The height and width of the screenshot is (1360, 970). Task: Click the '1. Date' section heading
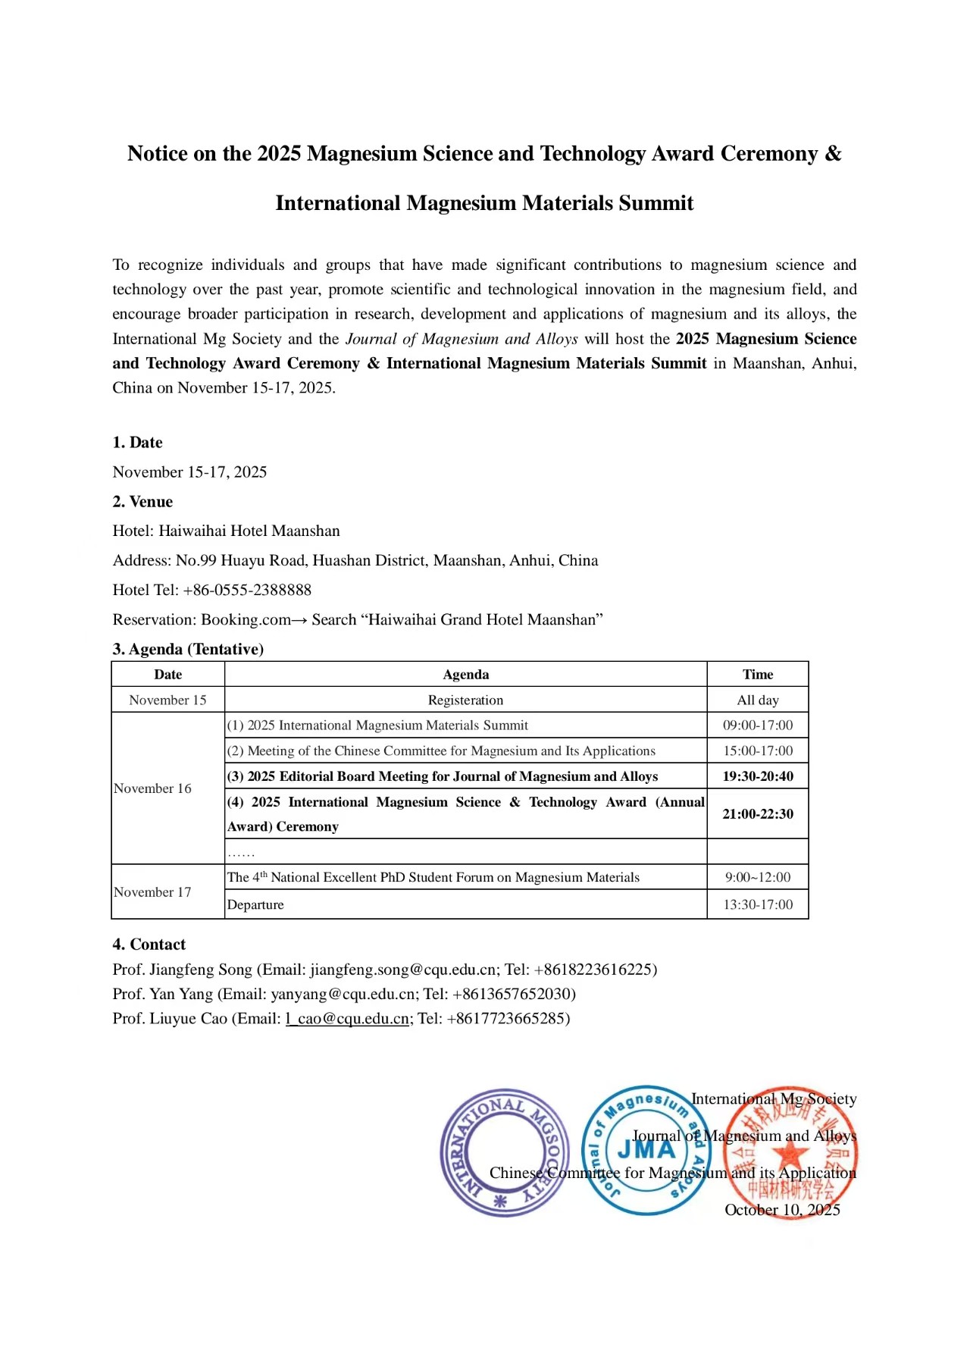pyautogui.click(x=137, y=443)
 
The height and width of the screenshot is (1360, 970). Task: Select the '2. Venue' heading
pyautogui.click(x=142, y=502)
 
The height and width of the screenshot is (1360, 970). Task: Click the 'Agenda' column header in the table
pyautogui.click(x=465, y=675)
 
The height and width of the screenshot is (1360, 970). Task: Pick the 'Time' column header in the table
pyautogui.click(x=758, y=675)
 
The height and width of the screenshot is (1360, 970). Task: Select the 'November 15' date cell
pyautogui.click(x=167, y=700)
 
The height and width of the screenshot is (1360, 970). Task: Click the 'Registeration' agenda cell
pyautogui.click(x=465, y=700)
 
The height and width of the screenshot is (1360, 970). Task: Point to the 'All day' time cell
pyautogui.click(x=758, y=700)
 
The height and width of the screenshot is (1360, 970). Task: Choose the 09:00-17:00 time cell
pyautogui.click(x=758, y=725)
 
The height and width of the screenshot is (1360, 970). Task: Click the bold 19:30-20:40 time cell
pyautogui.click(x=758, y=776)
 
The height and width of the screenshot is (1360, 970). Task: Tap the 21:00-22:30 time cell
pyautogui.click(x=758, y=814)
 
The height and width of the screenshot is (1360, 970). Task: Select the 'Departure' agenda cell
pyautogui.click(x=255, y=905)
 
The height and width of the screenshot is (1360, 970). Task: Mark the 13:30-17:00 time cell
pyautogui.click(x=758, y=905)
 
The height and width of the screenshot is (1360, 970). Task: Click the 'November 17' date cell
pyautogui.click(x=152, y=892)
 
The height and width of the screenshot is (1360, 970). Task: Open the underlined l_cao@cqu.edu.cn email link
pyautogui.click(x=348, y=1019)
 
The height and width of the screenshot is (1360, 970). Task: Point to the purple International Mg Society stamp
pyautogui.click(x=504, y=1152)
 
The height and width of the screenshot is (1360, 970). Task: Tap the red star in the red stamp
pyautogui.click(x=790, y=1154)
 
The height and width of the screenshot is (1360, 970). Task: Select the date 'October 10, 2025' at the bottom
pyautogui.click(x=782, y=1210)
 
